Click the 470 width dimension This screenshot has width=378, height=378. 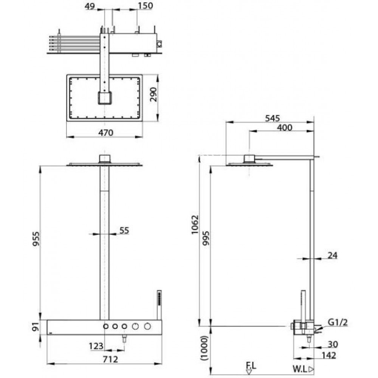104,132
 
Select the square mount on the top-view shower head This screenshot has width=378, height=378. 104,98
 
